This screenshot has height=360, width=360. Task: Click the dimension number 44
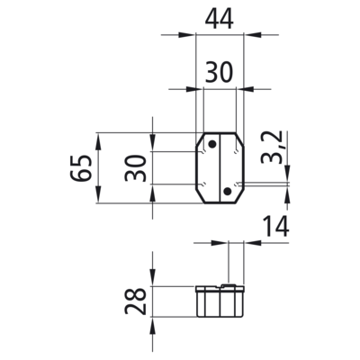pyautogui.click(x=219, y=20)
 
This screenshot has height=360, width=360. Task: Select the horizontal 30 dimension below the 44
pyautogui.click(x=219, y=73)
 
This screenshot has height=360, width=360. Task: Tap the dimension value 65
pyautogui.click(x=81, y=168)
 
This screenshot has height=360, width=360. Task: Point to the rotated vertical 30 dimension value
pyautogui.click(x=135, y=168)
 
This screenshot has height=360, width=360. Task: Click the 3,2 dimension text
pyautogui.click(x=271, y=148)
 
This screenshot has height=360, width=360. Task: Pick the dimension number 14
pyautogui.click(x=275, y=227)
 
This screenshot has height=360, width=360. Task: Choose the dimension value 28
pyautogui.click(x=135, y=301)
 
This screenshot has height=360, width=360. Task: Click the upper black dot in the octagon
pyautogui.click(x=212, y=144)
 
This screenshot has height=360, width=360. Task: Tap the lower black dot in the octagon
pyautogui.click(x=228, y=191)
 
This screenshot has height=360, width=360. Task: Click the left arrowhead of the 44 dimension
pyautogui.click(x=187, y=35)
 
